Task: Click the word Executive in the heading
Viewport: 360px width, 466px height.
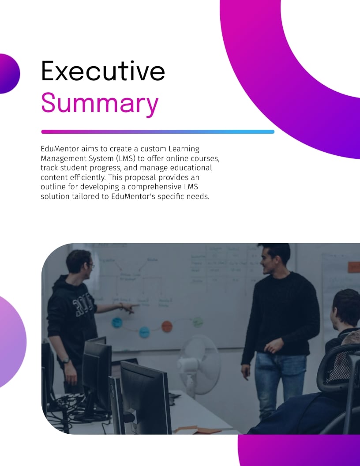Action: [x=103, y=71]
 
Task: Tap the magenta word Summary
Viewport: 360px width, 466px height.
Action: [x=100, y=103]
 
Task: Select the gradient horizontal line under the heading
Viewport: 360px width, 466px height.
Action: [x=157, y=132]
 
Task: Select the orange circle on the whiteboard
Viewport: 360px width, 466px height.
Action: [x=166, y=327]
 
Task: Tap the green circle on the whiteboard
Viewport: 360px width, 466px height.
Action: [x=198, y=322]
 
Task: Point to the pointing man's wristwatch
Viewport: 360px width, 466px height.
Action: [x=66, y=361]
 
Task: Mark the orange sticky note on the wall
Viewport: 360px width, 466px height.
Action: [x=354, y=267]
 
